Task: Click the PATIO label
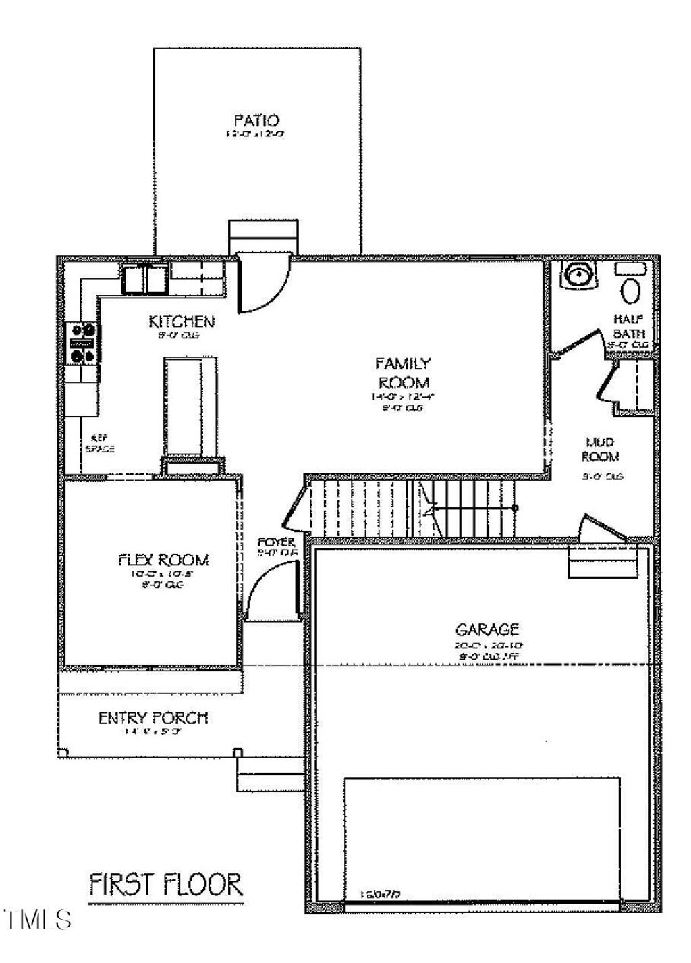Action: [256, 121]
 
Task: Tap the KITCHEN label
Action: [182, 321]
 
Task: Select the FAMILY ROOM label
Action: [402, 373]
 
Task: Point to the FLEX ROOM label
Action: [163, 560]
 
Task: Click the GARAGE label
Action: [487, 630]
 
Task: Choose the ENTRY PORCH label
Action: [153, 718]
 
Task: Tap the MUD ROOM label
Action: [601, 449]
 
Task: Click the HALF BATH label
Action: [628, 326]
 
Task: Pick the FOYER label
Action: [277, 543]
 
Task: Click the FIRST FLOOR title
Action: [166, 884]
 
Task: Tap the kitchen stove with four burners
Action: [83, 343]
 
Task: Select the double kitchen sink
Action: [145, 278]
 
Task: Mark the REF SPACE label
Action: [99, 443]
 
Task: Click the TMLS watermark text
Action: [37, 919]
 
